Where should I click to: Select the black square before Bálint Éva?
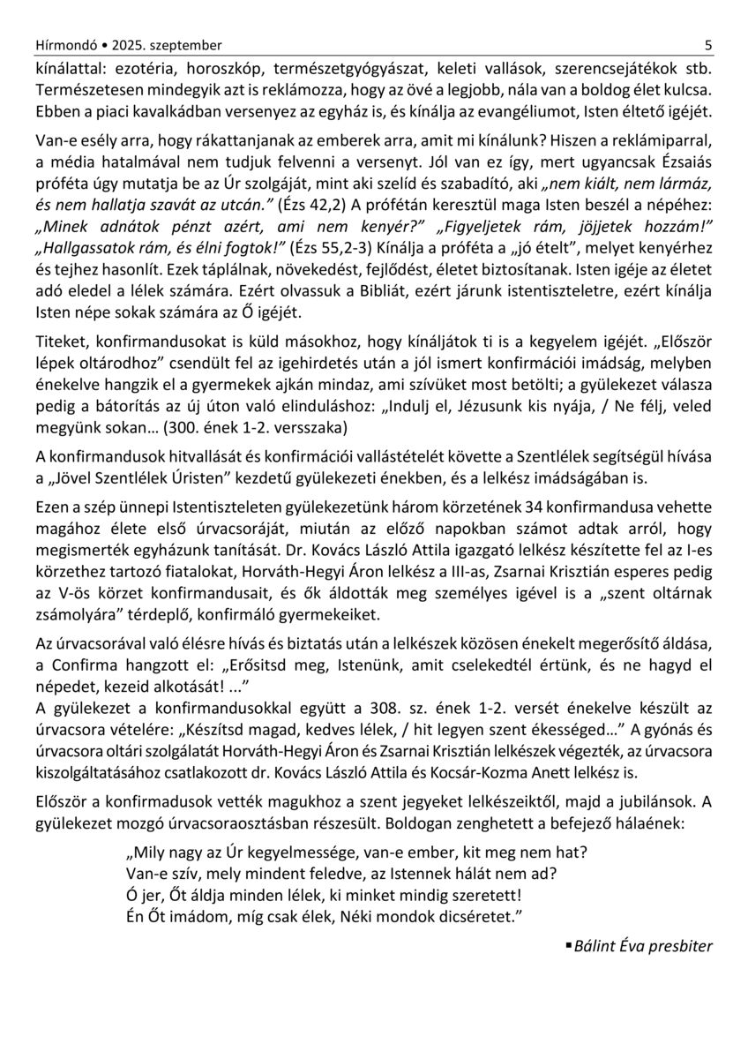click(568, 946)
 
